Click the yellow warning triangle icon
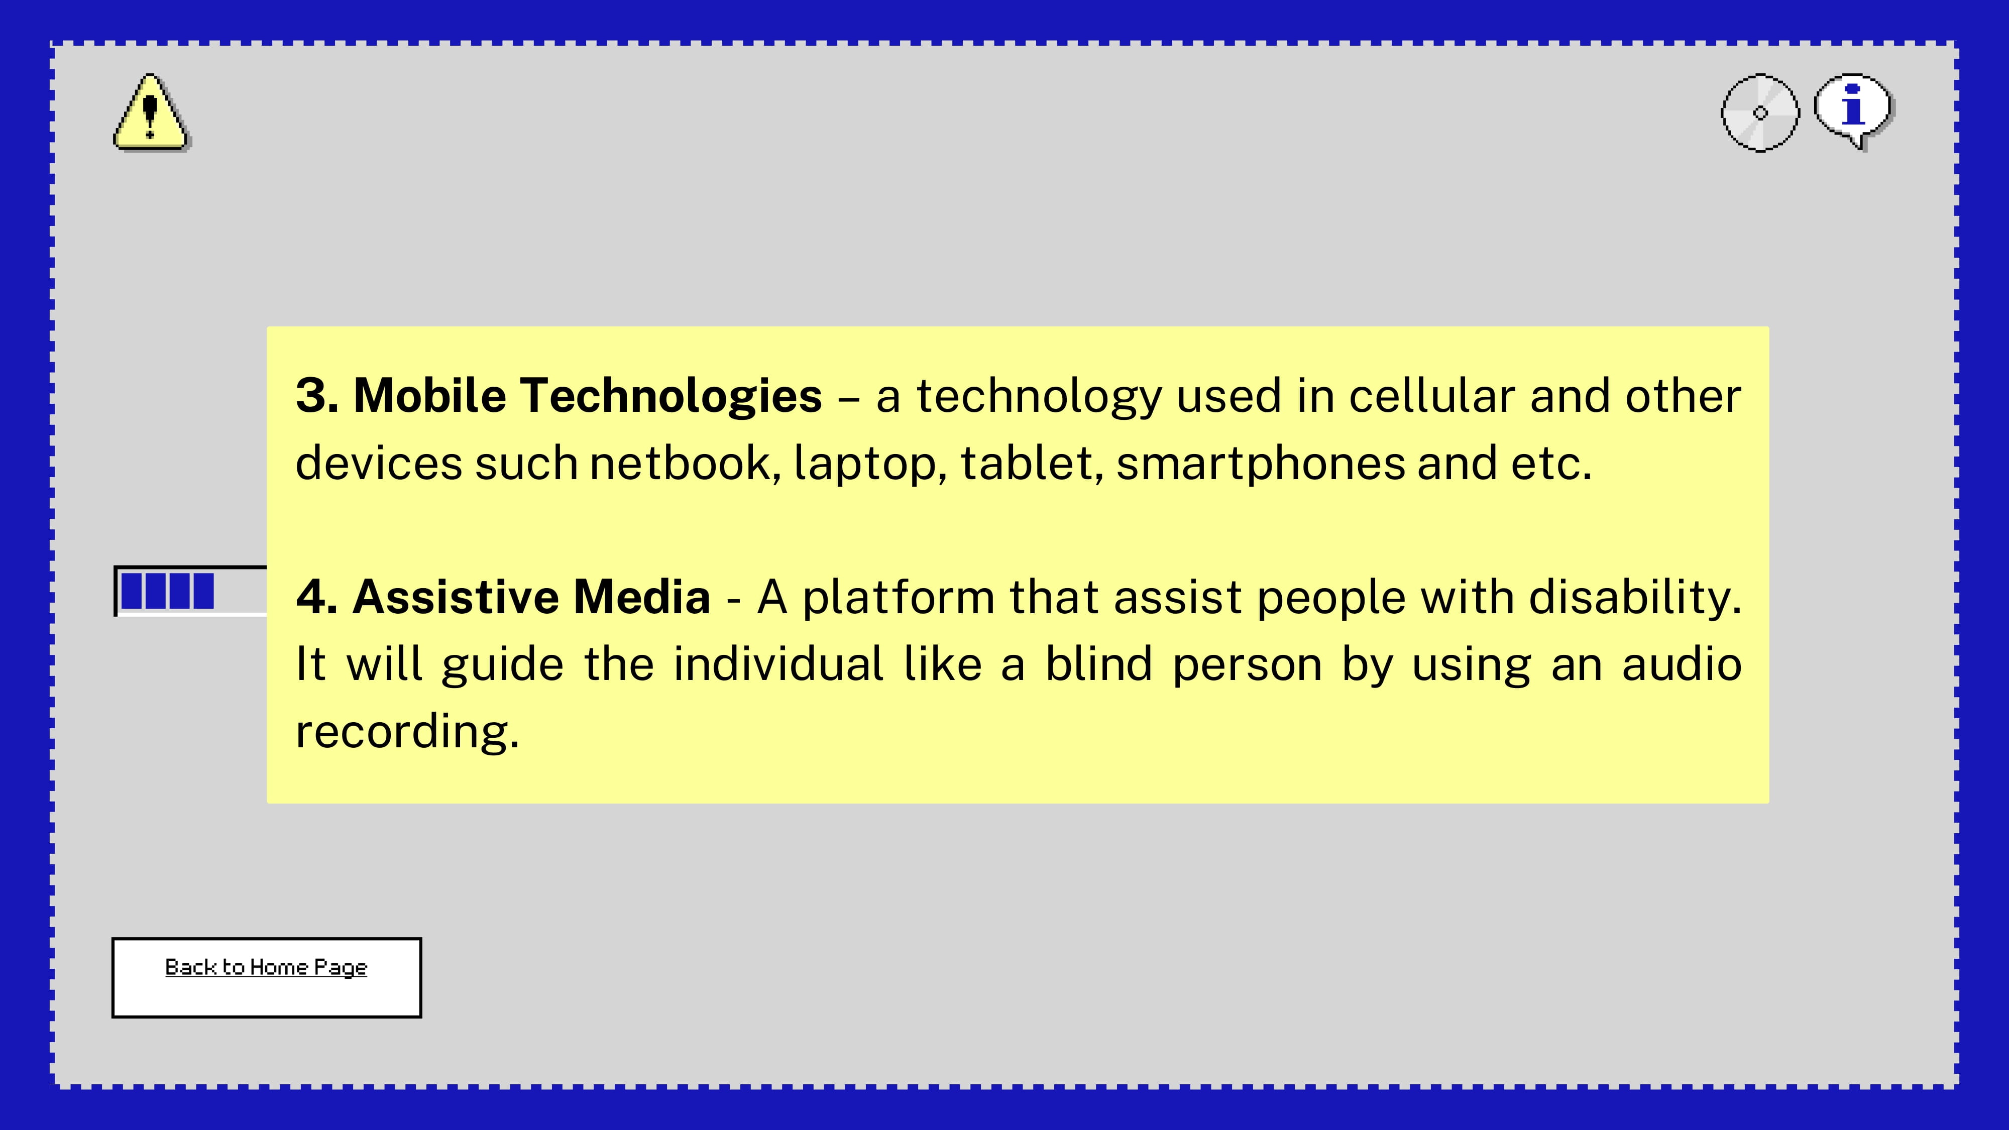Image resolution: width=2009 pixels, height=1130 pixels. click(x=151, y=112)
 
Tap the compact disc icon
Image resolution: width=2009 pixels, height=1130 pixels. click(x=1760, y=113)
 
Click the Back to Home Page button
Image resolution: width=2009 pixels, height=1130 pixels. click(x=267, y=977)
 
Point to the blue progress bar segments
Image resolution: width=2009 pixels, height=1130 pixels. click(x=168, y=591)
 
